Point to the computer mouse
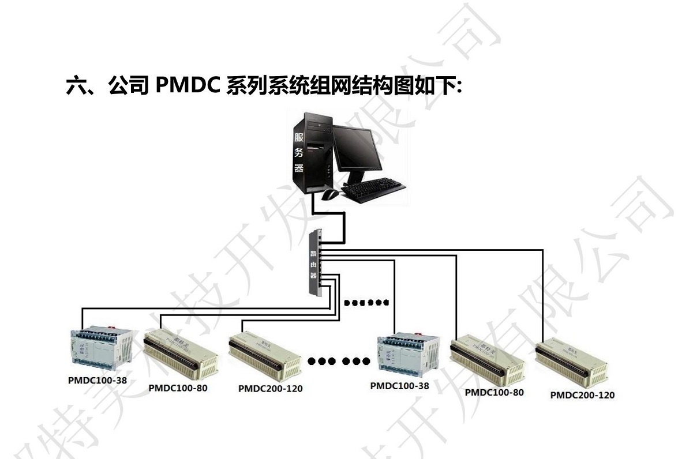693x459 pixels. coord(329,194)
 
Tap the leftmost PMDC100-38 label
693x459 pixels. coord(97,381)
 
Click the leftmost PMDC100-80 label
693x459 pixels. coord(178,388)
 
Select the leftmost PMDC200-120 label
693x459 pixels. coord(270,389)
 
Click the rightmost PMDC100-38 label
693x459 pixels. coord(399,386)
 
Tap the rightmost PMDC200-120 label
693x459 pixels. coord(582,396)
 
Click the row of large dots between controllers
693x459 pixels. coord(339,362)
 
